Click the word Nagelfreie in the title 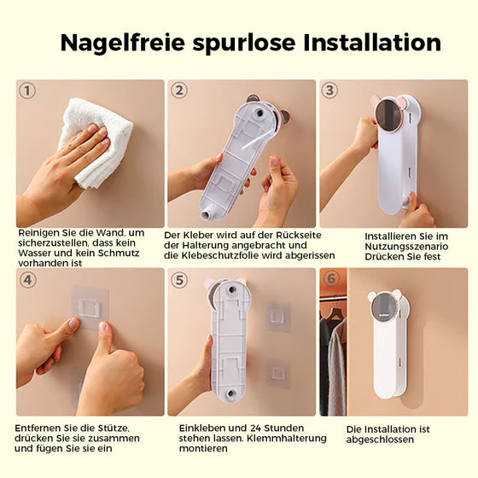pos(123,44)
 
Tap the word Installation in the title pos(372,43)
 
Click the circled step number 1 pos(27,90)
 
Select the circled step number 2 pos(179,90)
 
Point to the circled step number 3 pos(329,90)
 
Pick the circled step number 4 pos(27,280)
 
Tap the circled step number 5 pos(179,280)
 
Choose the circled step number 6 pos(331,278)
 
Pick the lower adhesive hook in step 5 pos(278,374)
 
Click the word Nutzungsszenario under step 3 pos(406,247)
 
